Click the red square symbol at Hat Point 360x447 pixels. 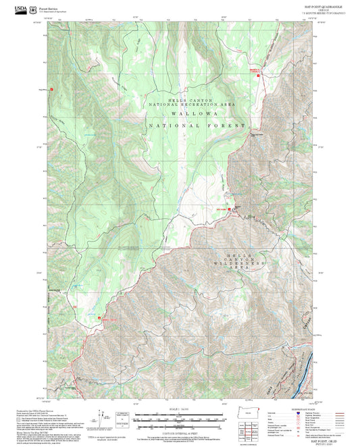coord(230,210)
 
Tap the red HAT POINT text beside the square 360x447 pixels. coord(220,210)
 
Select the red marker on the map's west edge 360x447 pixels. coord(51,88)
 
